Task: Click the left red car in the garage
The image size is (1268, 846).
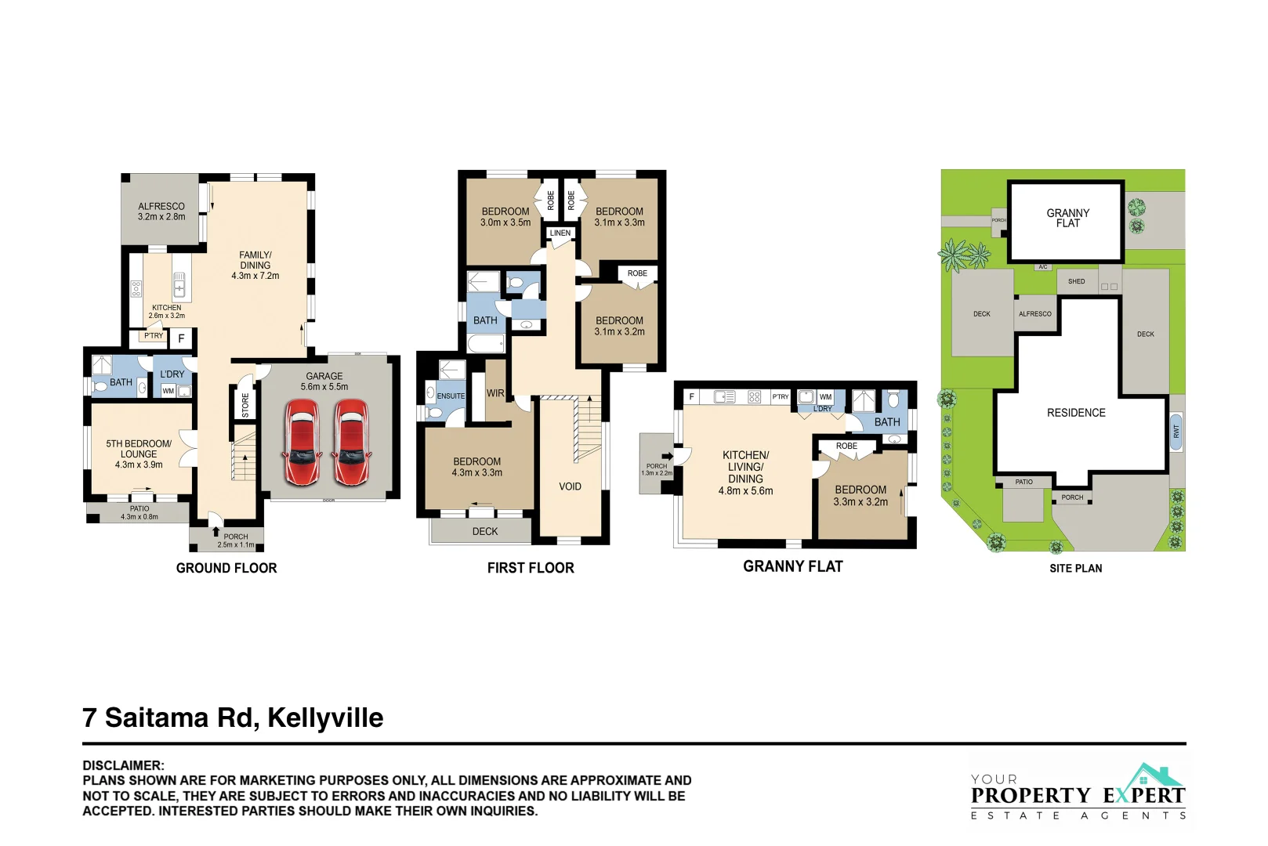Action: click(302, 443)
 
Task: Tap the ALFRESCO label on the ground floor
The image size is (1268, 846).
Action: click(161, 211)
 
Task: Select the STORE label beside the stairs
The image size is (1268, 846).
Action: click(245, 405)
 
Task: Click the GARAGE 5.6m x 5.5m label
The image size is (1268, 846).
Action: click(324, 381)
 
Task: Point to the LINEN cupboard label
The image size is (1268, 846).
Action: click(560, 233)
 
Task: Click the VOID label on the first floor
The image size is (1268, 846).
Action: click(570, 486)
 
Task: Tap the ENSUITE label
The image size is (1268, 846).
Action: click(451, 396)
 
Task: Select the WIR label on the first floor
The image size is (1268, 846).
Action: click(495, 393)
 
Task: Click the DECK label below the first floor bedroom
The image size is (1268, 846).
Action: click(485, 531)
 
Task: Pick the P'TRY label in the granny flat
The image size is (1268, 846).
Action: click(781, 397)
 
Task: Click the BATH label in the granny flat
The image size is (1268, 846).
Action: click(887, 422)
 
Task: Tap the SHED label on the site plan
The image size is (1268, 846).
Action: click(1077, 281)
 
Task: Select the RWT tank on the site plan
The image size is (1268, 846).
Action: click(1176, 432)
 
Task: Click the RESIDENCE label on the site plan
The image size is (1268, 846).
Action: click(1076, 413)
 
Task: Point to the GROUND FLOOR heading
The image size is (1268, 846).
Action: click(226, 568)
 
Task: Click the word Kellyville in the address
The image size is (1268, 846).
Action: click(325, 718)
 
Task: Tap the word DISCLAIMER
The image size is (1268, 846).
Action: click(123, 765)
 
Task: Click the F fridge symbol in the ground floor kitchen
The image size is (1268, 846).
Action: click(181, 338)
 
